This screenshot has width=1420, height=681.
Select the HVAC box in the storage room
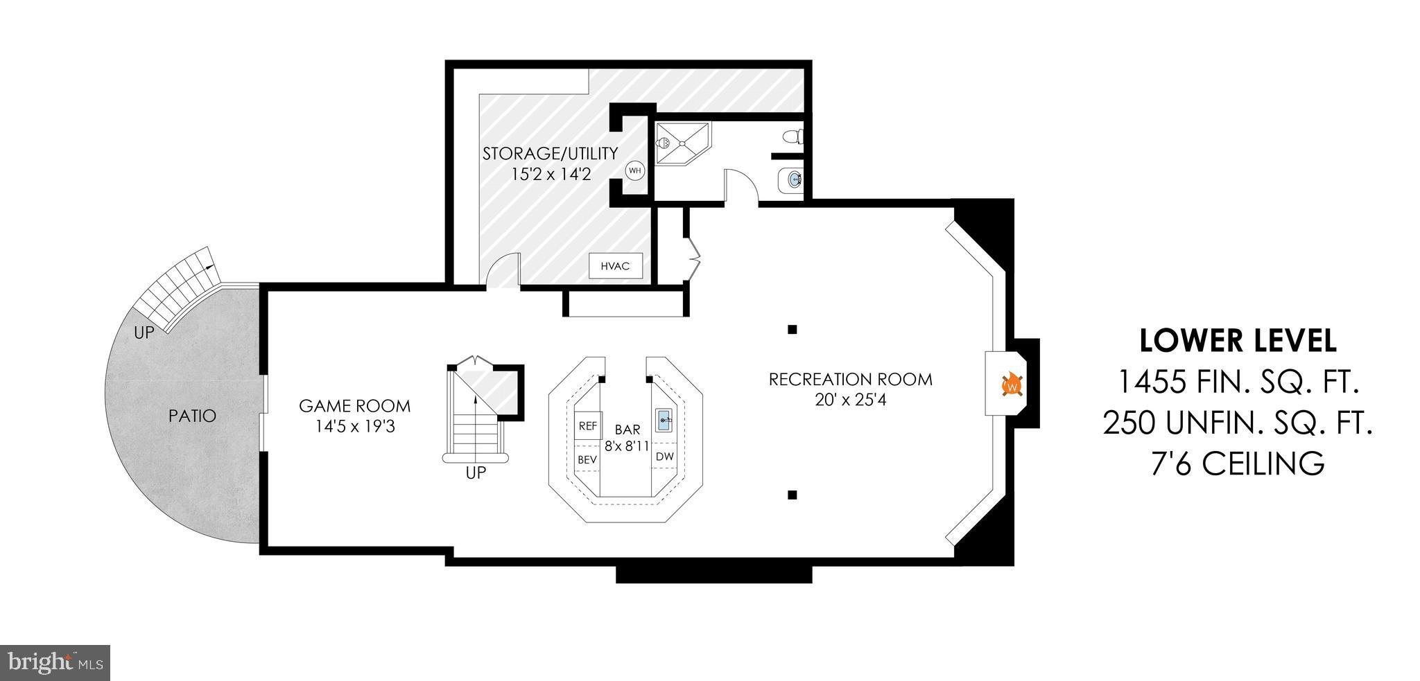[x=616, y=266]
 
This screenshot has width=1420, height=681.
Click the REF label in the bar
[x=588, y=426]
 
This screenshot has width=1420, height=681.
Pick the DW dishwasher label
[x=665, y=457]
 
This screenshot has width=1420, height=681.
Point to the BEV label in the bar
[x=587, y=459]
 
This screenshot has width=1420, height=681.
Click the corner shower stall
[x=682, y=145]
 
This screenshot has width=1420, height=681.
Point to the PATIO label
[x=193, y=416]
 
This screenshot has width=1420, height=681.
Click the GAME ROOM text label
[x=354, y=406]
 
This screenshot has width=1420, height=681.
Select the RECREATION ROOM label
[x=850, y=380]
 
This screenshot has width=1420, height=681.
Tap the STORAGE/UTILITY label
[x=551, y=153]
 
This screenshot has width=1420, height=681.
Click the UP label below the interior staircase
[x=476, y=474]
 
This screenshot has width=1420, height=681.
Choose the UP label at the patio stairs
[x=144, y=333]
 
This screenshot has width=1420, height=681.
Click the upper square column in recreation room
[x=793, y=329]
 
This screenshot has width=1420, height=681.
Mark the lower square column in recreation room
[x=793, y=495]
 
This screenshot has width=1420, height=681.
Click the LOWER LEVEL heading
[x=1238, y=341]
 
